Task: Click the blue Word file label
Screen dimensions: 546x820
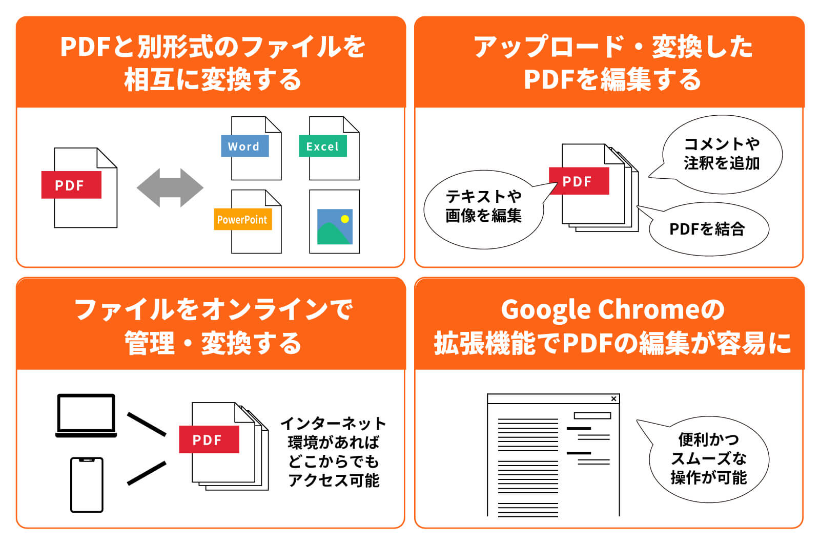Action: point(244,146)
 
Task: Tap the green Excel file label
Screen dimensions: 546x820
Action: point(322,146)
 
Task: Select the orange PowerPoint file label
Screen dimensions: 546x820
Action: point(242,220)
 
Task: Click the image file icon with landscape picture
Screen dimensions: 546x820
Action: point(334,222)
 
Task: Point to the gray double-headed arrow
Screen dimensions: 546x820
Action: point(170,187)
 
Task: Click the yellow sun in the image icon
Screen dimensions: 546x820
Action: point(345,219)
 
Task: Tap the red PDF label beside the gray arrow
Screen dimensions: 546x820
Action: point(71,185)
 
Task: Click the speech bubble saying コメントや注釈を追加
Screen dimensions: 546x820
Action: point(722,154)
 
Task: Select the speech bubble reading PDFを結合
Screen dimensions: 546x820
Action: point(708,229)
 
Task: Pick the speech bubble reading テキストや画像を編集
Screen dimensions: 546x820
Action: point(483,206)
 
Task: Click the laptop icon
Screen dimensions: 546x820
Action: point(86,415)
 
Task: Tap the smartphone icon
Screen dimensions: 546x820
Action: point(87,485)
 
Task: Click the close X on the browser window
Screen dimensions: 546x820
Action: point(613,398)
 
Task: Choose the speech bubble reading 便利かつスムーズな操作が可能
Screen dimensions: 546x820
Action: point(709,458)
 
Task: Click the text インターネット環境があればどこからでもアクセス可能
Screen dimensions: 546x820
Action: point(334,452)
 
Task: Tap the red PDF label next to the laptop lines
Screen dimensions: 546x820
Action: point(209,439)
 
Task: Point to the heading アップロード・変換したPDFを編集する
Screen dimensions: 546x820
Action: point(612,62)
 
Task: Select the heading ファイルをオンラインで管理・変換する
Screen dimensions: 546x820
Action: point(213,326)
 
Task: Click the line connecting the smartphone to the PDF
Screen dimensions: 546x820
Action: point(147,473)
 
